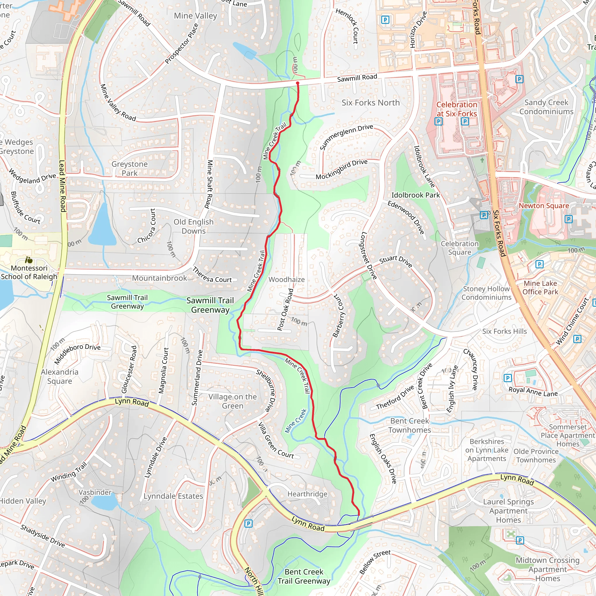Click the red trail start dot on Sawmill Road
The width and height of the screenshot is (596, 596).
click(x=297, y=83)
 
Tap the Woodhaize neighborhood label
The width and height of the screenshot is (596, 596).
click(x=287, y=279)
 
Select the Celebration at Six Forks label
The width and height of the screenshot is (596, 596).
click(x=457, y=109)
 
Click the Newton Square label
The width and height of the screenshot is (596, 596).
click(x=544, y=206)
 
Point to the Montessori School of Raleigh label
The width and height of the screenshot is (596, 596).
click(x=29, y=272)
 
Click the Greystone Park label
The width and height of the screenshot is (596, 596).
click(x=130, y=168)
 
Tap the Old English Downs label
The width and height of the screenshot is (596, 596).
click(x=194, y=226)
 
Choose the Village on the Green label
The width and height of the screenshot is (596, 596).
click(x=233, y=401)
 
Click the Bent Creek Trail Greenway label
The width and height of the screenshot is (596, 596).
click(x=304, y=576)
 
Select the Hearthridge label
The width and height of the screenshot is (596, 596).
click(x=307, y=494)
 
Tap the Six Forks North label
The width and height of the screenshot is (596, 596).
click(x=370, y=103)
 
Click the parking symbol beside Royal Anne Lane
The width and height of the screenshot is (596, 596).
click(x=508, y=378)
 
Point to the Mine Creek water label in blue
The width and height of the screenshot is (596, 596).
click(x=296, y=421)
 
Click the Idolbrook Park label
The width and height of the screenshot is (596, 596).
click(x=416, y=195)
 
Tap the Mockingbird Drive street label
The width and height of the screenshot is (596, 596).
click(x=341, y=169)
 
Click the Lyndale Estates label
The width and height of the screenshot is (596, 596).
click(x=173, y=496)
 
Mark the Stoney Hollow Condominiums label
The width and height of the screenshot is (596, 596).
click(x=486, y=293)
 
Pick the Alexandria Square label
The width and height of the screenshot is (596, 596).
click(x=60, y=376)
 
